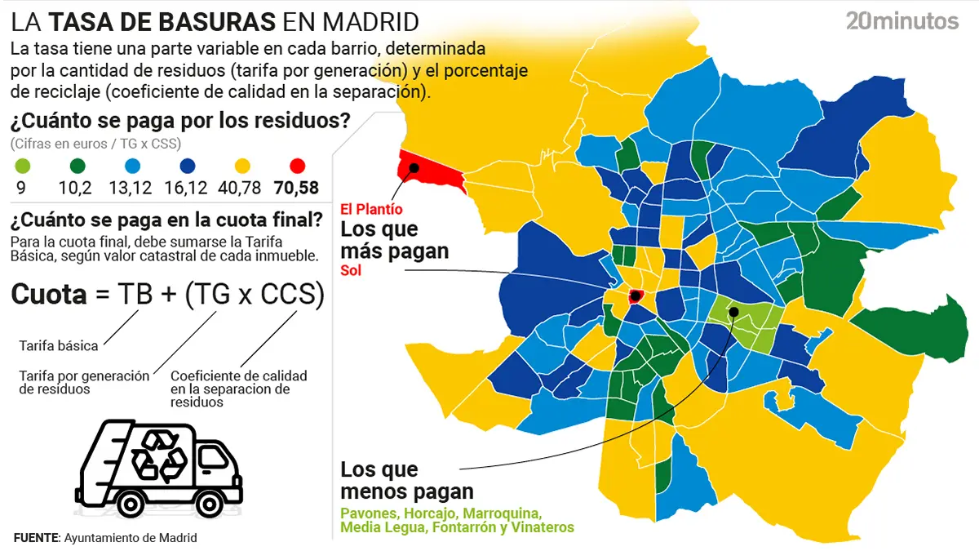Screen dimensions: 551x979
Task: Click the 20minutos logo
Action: [901, 21]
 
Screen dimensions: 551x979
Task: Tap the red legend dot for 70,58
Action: [297, 166]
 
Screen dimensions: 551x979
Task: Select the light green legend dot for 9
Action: [22, 166]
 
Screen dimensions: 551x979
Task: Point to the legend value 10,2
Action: [74, 189]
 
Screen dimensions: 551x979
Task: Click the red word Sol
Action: [350, 270]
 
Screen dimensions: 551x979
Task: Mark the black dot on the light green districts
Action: [733, 311]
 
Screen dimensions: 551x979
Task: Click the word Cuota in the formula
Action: [49, 295]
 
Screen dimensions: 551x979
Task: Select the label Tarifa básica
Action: [58, 345]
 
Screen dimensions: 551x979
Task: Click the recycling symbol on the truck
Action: [154, 455]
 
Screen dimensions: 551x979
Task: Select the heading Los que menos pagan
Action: [406, 480]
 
